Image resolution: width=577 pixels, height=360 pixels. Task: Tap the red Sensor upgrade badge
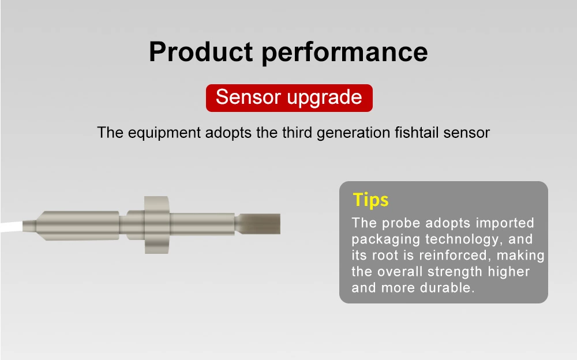(x=289, y=97)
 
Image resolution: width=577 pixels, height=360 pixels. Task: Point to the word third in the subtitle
(x=297, y=132)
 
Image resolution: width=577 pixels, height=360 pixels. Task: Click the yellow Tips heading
(x=371, y=200)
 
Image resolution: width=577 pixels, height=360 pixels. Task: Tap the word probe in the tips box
(x=402, y=223)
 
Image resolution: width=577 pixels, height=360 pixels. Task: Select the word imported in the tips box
(x=505, y=223)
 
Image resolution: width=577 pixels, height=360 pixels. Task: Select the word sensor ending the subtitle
(x=467, y=133)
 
